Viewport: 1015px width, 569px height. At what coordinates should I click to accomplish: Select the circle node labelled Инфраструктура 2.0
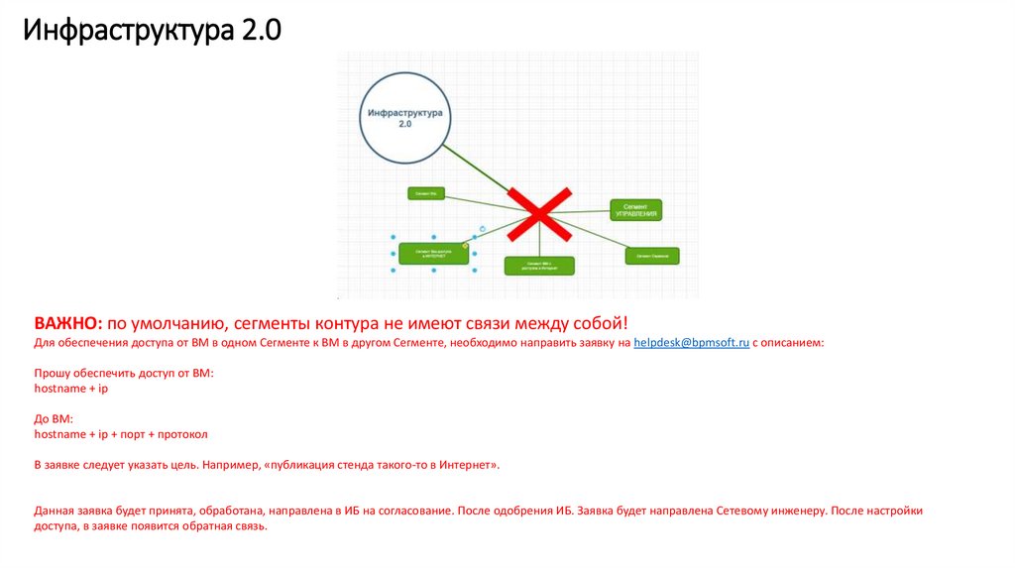pyautogui.click(x=404, y=119)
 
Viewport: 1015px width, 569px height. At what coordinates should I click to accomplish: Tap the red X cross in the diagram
pyautogui.click(x=539, y=213)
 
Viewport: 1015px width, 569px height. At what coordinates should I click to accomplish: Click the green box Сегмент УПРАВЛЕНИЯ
pyautogui.click(x=635, y=209)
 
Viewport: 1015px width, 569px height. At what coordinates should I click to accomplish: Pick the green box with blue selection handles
pyautogui.click(x=434, y=254)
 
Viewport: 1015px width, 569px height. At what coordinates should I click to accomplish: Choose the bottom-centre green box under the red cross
pyautogui.click(x=539, y=266)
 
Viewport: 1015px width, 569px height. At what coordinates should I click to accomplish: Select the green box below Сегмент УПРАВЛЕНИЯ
pyautogui.click(x=652, y=256)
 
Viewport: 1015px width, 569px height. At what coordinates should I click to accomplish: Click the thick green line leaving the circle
pyautogui.click(x=476, y=167)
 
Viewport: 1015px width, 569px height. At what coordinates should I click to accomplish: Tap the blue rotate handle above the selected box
pyautogui.click(x=482, y=229)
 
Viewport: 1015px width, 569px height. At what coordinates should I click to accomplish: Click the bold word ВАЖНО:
pyautogui.click(x=67, y=323)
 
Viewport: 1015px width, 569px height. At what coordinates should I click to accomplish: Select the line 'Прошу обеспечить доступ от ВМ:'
pyautogui.click(x=124, y=374)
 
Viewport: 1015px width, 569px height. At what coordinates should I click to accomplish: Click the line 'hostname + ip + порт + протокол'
pyautogui.click(x=121, y=434)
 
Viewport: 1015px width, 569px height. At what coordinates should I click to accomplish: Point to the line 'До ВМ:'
pyautogui.click(x=55, y=419)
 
